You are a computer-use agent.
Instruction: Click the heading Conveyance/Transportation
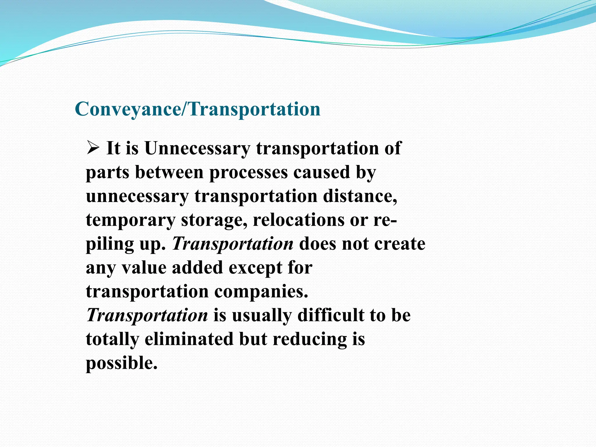coord(197,109)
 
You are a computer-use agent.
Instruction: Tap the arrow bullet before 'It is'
coord(93,148)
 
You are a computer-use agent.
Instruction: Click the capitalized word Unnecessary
coord(197,148)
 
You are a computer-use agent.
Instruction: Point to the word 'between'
coord(169,172)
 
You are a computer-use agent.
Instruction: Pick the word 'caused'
coord(321,172)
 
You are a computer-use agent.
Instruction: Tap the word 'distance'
coord(360,196)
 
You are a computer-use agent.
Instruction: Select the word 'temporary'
coord(130,220)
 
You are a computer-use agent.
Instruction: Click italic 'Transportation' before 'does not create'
coord(233,244)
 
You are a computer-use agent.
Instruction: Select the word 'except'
coord(255,268)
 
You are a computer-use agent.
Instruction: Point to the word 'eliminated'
coord(189,339)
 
